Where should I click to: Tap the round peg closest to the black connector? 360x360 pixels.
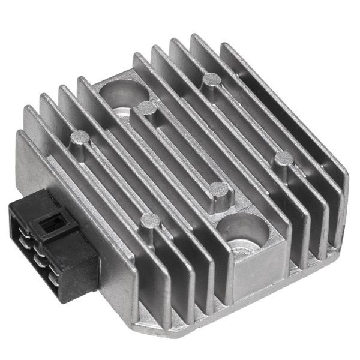coord(148,223)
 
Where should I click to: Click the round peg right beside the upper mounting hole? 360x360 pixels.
coord(147,109)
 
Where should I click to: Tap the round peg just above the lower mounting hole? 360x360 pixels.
coord(220,190)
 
